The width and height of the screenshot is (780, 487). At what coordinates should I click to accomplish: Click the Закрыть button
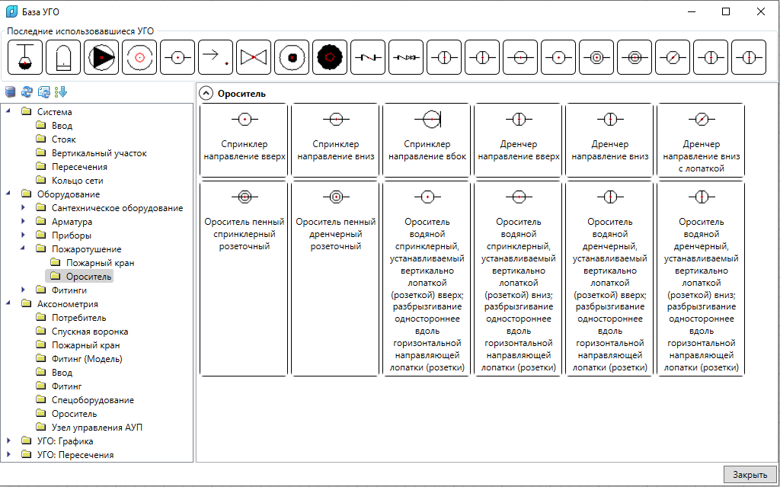pyautogui.click(x=750, y=475)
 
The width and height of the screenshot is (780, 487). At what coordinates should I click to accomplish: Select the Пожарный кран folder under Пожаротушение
pyautogui.click(x=100, y=262)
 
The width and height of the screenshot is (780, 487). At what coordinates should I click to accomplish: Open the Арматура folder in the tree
pyautogui.click(x=72, y=222)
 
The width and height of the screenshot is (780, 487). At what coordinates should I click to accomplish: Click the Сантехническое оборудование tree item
pyautogui.click(x=117, y=207)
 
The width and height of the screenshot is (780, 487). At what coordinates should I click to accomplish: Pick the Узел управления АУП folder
pyautogui.click(x=97, y=428)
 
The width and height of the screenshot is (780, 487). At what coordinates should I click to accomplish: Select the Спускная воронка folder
pyautogui.click(x=90, y=331)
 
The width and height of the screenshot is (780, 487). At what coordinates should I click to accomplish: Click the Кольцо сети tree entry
pyautogui.click(x=77, y=181)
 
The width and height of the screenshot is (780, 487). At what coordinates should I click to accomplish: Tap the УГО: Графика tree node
pyautogui.click(x=65, y=441)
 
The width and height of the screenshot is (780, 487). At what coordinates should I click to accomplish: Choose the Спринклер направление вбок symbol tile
pyautogui.click(x=427, y=140)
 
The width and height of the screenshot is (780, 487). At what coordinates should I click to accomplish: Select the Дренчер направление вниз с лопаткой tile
pyautogui.click(x=701, y=140)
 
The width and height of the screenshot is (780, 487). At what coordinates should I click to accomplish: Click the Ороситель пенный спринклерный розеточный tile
pyautogui.click(x=245, y=279)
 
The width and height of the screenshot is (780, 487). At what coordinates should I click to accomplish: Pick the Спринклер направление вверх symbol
pyautogui.click(x=245, y=140)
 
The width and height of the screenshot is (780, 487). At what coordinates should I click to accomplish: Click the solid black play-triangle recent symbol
pyautogui.click(x=101, y=58)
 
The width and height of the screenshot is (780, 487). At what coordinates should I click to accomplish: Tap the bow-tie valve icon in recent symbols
pyautogui.click(x=254, y=58)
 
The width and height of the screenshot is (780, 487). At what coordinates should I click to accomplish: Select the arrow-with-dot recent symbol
pyautogui.click(x=216, y=58)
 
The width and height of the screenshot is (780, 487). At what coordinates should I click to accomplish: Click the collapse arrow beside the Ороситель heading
pyautogui.click(x=206, y=93)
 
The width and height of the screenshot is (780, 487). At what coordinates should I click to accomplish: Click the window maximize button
pyautogui.click(x=726, y=12)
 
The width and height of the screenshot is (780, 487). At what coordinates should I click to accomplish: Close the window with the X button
pyautogui.click(x=761, y=12)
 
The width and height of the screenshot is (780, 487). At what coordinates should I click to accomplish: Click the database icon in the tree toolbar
pyautogui.click(x=11, y=91)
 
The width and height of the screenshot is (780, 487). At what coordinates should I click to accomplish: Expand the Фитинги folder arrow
pyautogui.click(x=24, y=290)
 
